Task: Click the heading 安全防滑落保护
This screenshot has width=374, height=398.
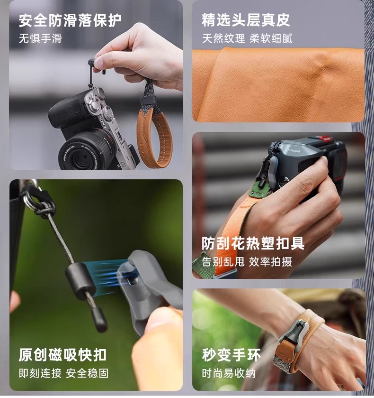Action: [x=70, y=20]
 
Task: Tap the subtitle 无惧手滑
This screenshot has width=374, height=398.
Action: [x=40, y=38]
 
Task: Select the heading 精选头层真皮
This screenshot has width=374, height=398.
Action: [x=246, y=20]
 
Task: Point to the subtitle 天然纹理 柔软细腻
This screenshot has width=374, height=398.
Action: [x=247, y=38]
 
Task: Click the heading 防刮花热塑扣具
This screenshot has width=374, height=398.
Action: [x=253, y=243]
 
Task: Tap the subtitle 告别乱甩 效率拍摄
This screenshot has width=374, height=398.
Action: [x=247, y=262]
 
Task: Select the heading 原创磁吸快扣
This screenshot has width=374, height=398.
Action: [x=62, y=355]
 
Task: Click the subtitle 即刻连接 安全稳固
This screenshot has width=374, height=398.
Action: [x=63, y=373]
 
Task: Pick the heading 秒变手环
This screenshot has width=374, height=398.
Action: [x=231, y=355]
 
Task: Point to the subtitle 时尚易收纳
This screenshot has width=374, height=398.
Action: [x=229, y=373]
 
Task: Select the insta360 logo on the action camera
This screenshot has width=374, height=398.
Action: [x=294, y=150]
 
